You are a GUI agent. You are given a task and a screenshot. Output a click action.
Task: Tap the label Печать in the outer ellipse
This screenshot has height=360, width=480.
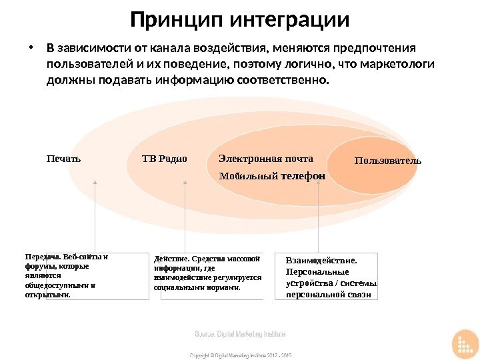[63, 159]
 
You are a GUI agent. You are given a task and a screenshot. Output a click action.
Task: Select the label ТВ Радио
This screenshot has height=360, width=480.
[165, 159]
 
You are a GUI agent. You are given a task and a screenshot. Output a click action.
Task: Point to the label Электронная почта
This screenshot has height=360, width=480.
[265, 159]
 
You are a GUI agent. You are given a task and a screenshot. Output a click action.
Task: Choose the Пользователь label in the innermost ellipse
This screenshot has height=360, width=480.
[388, 161]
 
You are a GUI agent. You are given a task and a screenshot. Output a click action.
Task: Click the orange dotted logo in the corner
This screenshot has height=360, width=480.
[465, 345]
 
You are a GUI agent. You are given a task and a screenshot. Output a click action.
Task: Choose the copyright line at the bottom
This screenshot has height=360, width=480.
[241, 355]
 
